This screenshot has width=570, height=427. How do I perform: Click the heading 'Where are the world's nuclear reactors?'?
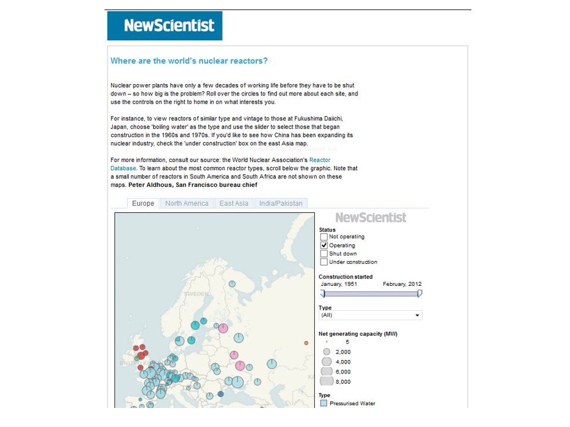[189, 60]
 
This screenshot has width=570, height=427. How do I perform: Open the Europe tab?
[143, 203]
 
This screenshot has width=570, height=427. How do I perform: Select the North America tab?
[186, 203]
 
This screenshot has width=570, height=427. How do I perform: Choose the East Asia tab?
[234, 203]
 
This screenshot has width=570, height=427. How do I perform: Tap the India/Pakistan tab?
[281, 203]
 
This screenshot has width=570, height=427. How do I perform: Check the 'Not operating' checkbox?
[324, 237]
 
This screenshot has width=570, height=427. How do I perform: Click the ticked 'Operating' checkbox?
[324, 245]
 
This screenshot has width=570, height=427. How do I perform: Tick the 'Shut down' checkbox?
[324, 253]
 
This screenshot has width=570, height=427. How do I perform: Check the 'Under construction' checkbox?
[324, 262]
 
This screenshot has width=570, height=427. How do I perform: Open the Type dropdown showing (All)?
[370, 315]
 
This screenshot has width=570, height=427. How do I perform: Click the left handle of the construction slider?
[323, 293]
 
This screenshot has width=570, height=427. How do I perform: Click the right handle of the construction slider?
[420, 293]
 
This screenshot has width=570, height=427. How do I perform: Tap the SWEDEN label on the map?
[196, 294]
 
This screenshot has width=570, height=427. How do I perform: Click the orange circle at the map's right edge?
[306, 343]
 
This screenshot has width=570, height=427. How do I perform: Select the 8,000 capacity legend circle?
[327, 381]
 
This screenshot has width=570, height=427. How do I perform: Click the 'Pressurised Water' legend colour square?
[324, 403]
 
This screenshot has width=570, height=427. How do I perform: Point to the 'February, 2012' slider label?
[402, 284]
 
